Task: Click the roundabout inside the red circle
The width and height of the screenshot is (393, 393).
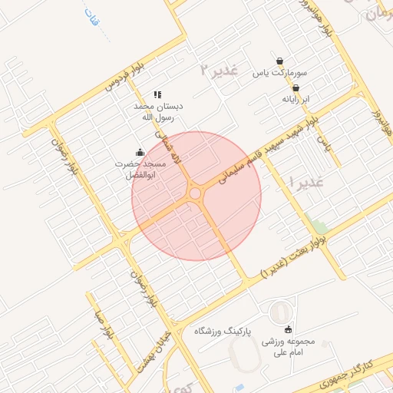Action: pos(196,194)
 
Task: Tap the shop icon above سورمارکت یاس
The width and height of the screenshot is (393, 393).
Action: pos(280,61)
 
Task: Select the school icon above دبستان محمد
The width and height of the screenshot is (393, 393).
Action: pos(157,94)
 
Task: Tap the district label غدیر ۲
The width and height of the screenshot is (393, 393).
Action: pos(220,70)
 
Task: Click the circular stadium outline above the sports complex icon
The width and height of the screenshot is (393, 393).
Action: pos(282,312)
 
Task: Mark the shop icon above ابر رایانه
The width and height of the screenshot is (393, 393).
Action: pos(296,88)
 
